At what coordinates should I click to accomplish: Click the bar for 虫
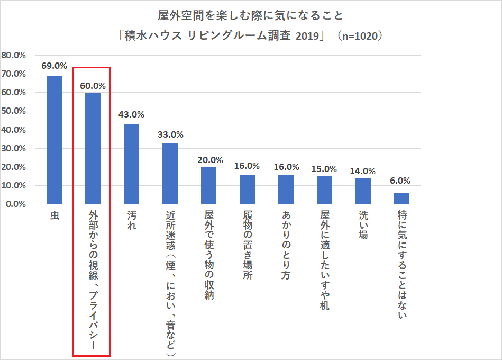(54, 140)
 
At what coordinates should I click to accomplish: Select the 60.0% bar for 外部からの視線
(93, 148)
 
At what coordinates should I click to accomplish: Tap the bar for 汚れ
(131, 164)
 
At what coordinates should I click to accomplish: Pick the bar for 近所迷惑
(170, 173)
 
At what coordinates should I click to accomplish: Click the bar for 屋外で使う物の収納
(208, 185)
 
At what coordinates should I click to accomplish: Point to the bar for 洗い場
(363, 191)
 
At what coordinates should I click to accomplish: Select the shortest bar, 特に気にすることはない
(401, 199)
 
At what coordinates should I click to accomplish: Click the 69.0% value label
(54, 66)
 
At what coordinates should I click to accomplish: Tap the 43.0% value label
(131, 114)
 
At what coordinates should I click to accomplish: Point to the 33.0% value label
(170, 134)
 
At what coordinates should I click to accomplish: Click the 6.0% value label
(401, 181)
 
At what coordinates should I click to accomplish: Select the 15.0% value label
(324, 169)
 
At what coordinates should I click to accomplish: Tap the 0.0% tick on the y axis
(16, 204)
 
